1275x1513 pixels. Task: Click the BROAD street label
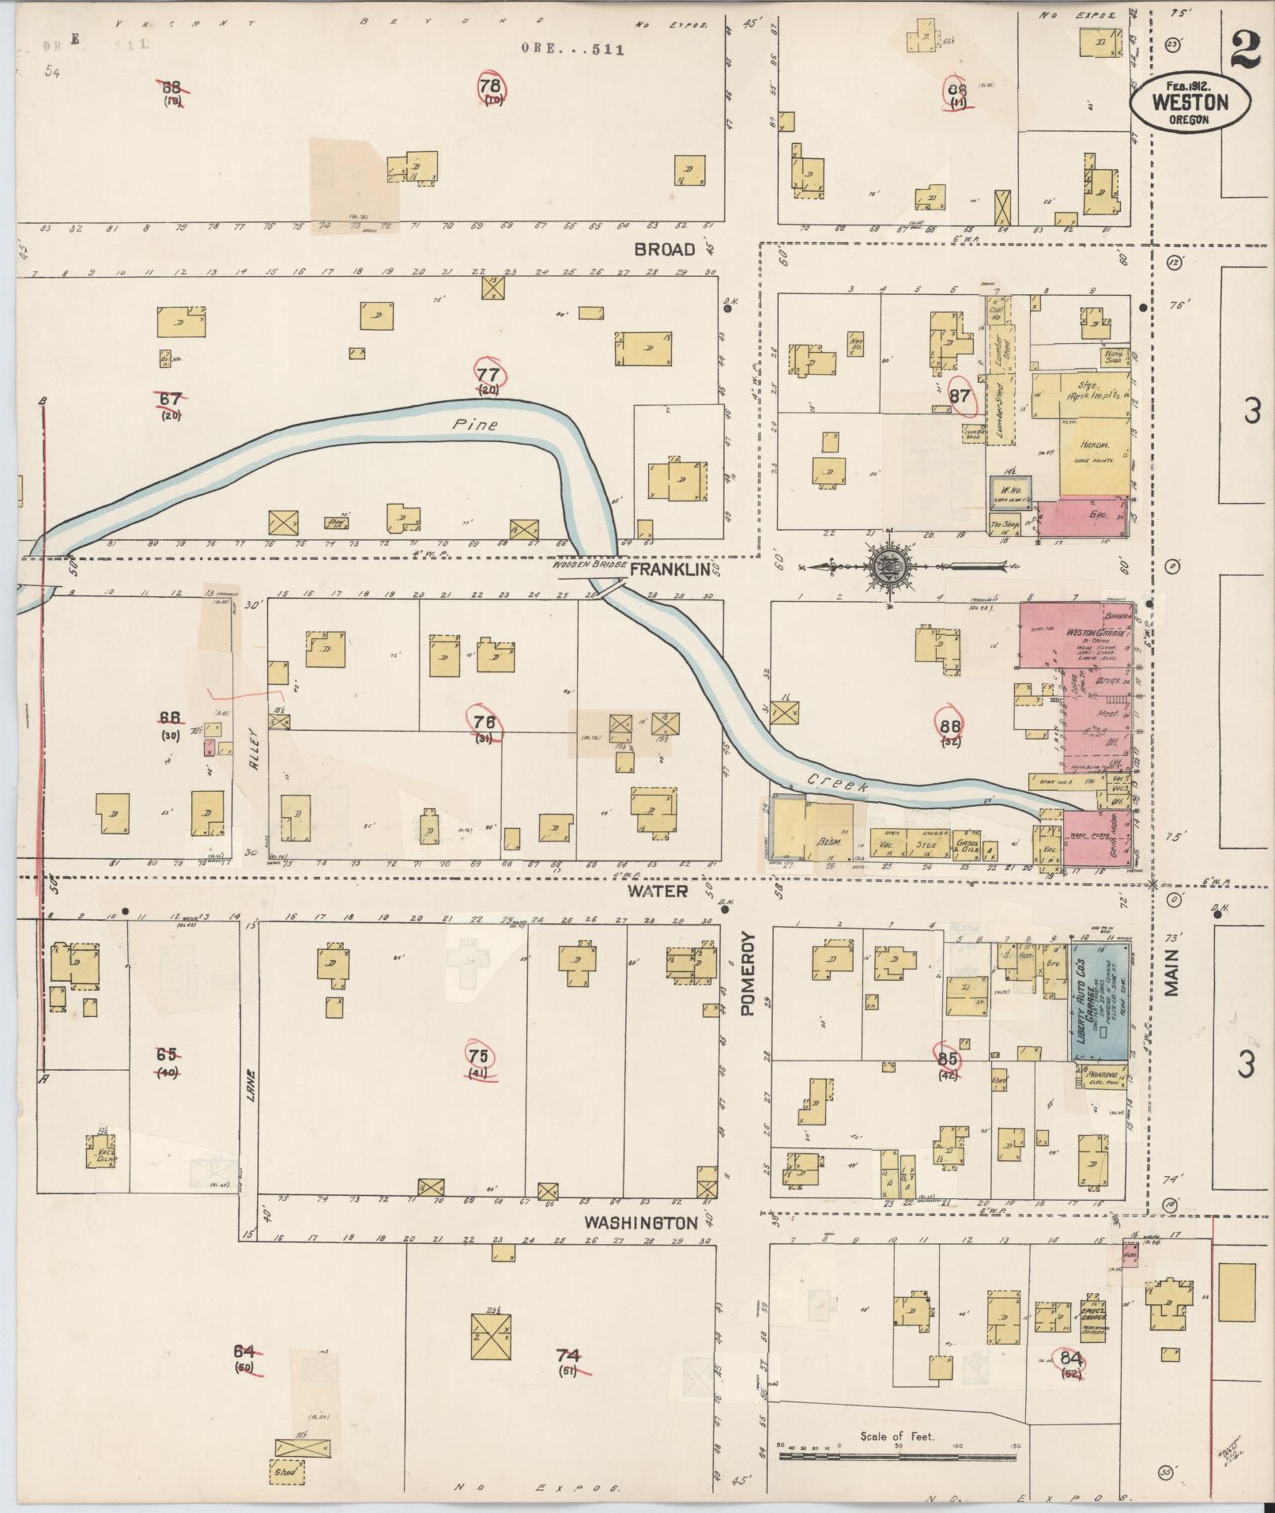[x=665, y=249]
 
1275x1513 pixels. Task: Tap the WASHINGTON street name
[x=640, y=1244]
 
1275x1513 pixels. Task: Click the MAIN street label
[x=1171, y=973]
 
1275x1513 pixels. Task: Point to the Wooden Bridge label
[x=589, y=566]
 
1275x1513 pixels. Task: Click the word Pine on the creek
[x=475, y=425]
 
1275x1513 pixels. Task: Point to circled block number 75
[x=478, y=1057]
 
